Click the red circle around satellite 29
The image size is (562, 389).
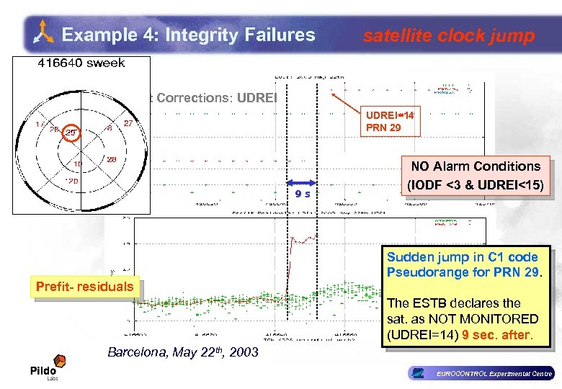pos(71,132)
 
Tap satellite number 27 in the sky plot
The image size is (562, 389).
pos(128,123)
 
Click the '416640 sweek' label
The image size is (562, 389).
pos(81,63)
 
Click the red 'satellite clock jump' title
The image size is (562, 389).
pos(448,35)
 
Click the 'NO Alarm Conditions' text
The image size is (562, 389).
pos(476,166)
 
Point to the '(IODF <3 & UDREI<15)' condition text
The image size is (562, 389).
pos(476,184)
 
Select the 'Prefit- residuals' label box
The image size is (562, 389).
pos(85,287)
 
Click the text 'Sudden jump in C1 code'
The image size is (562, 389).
pos(462,257)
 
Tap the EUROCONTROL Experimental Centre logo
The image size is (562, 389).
pos(479,373)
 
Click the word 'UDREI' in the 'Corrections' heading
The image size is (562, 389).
pos(255,97)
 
